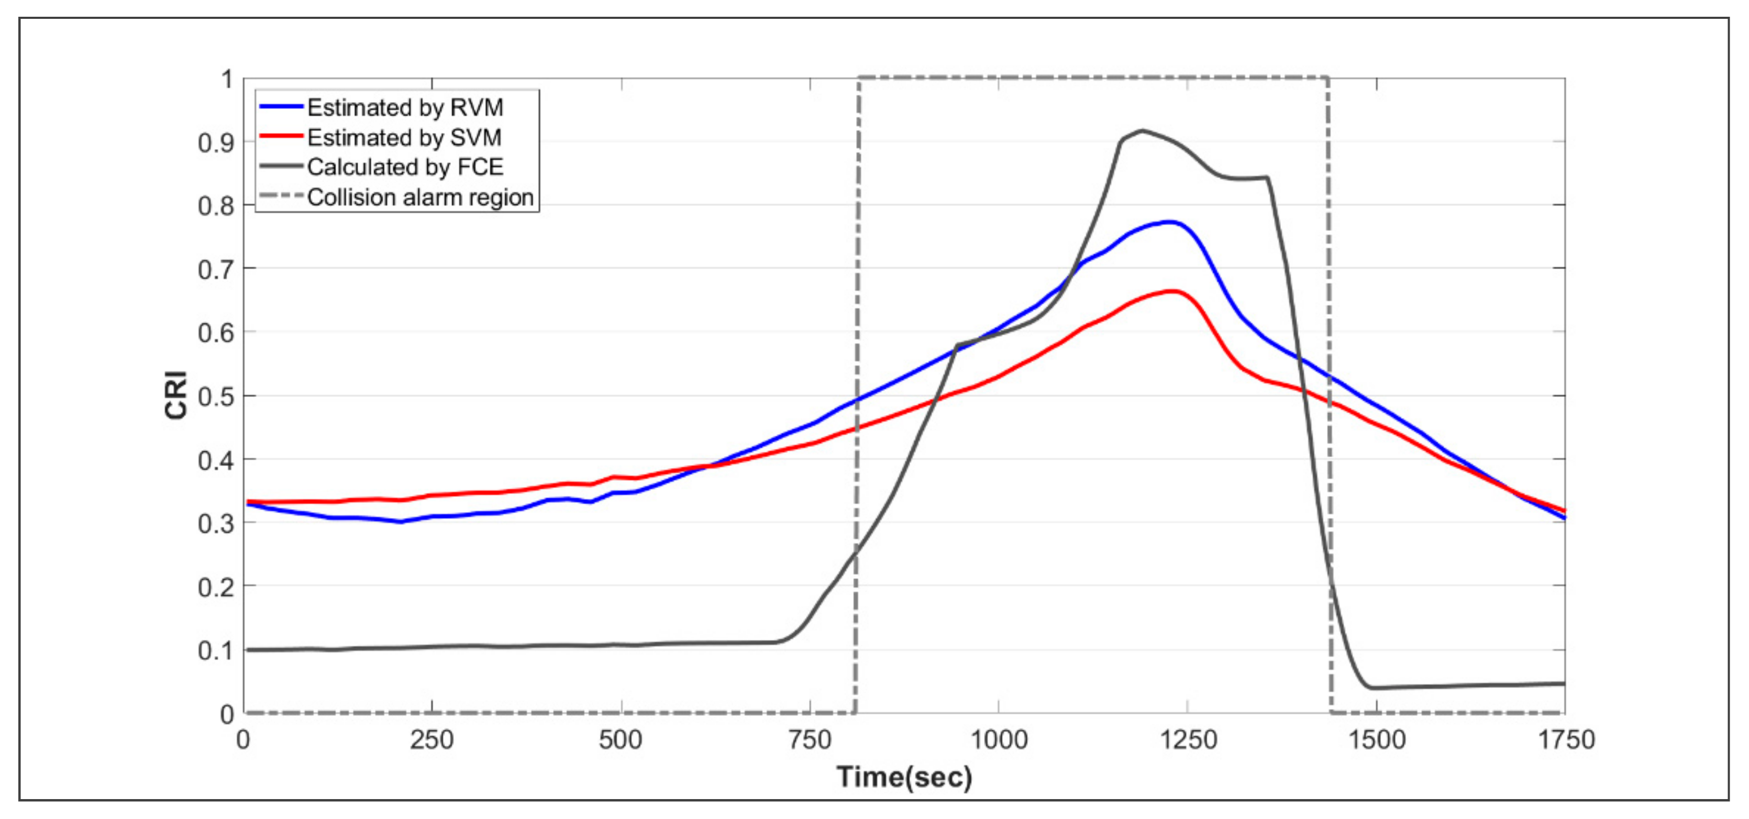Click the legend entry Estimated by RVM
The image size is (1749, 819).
[405, 107]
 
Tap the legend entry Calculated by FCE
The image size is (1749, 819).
[405, 167]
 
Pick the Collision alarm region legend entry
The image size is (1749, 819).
[420, 197]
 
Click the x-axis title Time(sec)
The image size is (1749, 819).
[904, 776]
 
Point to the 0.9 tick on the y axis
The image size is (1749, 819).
[216, 142]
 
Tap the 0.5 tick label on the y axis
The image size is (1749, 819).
[216, 396]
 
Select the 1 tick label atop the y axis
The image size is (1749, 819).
[227, 80]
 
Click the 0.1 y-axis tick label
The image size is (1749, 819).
[216, 650]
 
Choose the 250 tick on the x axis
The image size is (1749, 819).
[432, 739]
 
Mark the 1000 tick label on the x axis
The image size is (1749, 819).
[998, 739]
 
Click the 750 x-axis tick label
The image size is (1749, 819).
[810, 739]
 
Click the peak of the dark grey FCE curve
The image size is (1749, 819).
[1142, 130]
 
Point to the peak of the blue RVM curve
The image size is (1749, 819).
[1169, 222]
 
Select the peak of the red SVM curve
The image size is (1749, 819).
[1173, 291]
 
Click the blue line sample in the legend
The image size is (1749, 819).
[280, 107]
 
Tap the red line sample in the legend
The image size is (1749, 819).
[280, 137]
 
